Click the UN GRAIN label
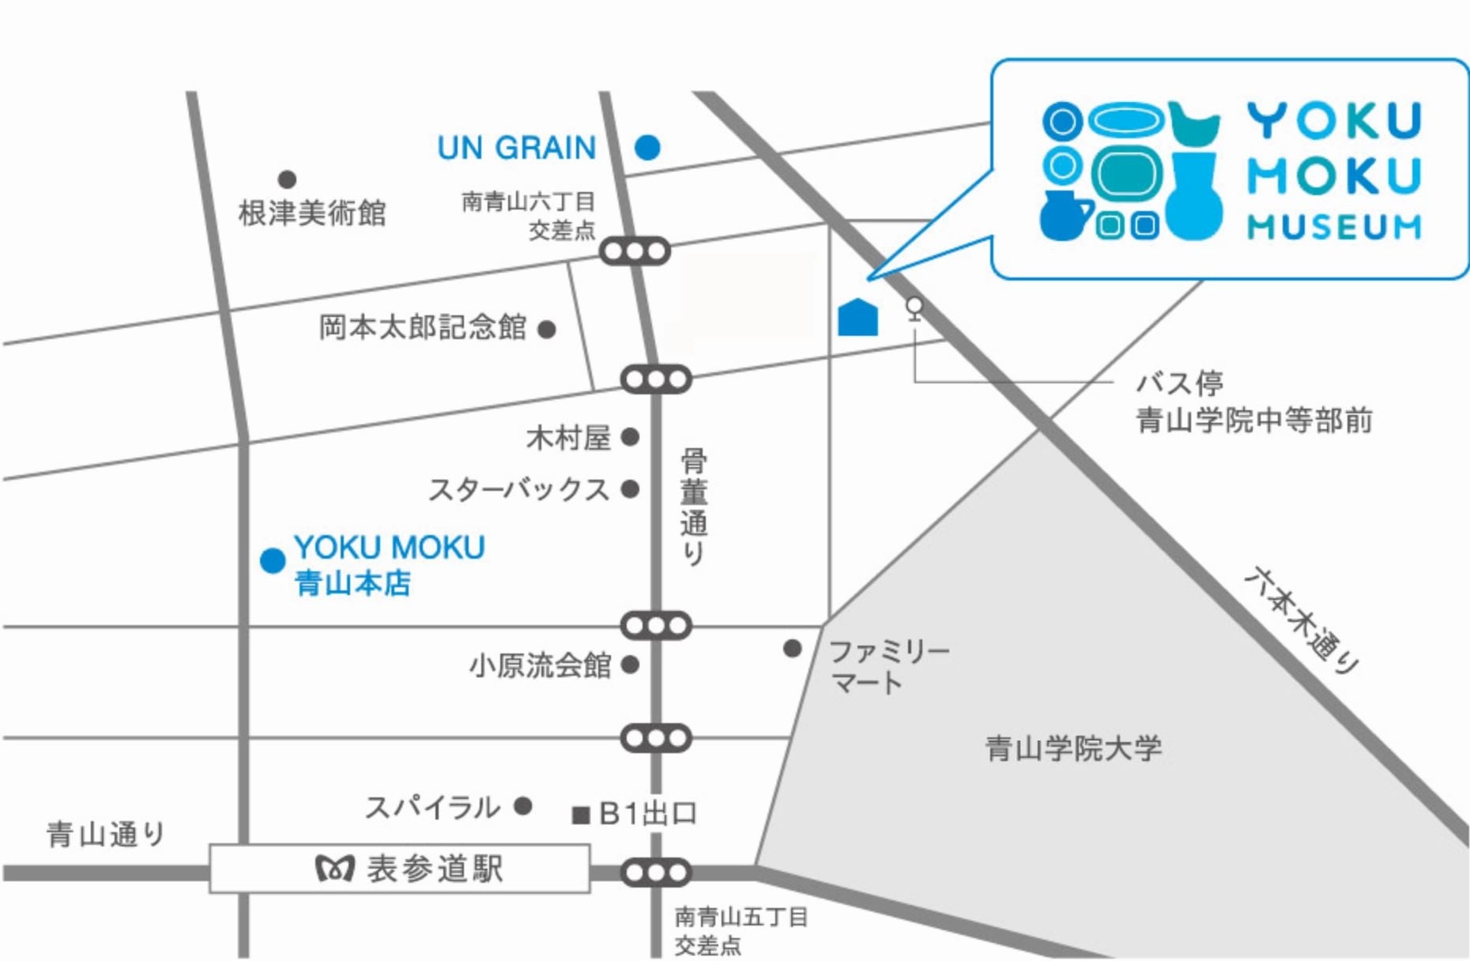[517, 148]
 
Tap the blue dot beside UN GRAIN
[647, 147]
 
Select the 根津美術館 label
[312, 213]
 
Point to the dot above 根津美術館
[287, 179]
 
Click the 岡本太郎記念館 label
[423, 327]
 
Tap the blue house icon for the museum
[857, 318]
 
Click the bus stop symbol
[914, 307]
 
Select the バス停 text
[1179, 384]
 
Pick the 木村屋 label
[568, 438]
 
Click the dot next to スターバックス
[630, 490]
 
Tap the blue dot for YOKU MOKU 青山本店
[273, 561]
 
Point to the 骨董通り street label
[693, 507]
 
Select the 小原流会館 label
[541, 665]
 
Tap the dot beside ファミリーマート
[792, 649]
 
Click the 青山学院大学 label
[1073, 748]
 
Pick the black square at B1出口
[581, 815]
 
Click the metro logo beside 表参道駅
[334, 869]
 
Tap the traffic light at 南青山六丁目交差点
[635, 252]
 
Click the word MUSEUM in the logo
[1334, 228]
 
